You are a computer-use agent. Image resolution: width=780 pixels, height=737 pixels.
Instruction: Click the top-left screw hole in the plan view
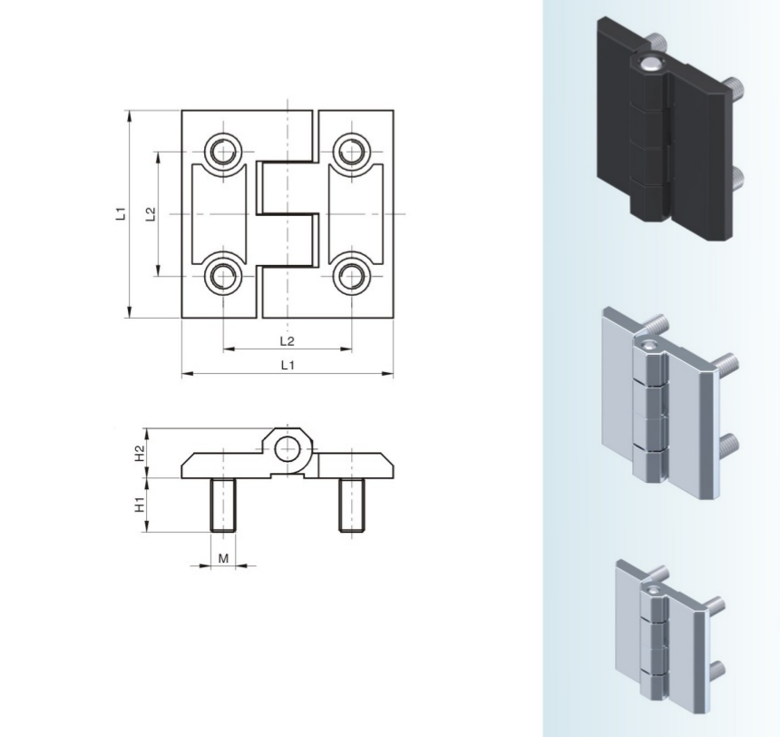[x=223, y=152]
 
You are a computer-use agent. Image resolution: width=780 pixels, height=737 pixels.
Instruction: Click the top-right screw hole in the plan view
[x=352, y=152]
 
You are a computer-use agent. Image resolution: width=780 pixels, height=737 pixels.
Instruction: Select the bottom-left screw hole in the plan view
[x=223, y=276]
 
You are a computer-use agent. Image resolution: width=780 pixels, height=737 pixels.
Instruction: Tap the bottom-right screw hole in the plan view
[x=352, y=276]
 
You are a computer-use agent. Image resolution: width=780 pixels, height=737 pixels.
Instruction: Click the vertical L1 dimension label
[x=121, y=213]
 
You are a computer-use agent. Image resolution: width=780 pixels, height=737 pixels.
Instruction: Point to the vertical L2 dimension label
[x=151, y=213]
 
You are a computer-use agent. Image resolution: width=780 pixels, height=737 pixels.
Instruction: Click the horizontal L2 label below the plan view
[x=287, y=341]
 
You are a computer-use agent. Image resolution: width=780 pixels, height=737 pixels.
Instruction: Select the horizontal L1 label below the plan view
[x=288, y=365]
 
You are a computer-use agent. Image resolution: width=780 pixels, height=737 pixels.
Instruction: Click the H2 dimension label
[x=141, y=453]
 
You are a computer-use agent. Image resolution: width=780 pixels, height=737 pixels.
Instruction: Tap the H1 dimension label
[x=141, y=505]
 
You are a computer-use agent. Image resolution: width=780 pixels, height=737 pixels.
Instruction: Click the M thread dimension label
[x=223, y=559]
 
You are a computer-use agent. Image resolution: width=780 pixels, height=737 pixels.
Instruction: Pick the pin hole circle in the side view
[x=288, y=449]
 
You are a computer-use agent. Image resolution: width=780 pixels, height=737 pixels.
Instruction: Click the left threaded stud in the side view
[x=223, y=505]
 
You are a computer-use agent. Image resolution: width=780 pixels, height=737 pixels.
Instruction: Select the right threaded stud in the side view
[x=352, y=505]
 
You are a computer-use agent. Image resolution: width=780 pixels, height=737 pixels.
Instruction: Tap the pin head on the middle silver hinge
[x=648, y=344]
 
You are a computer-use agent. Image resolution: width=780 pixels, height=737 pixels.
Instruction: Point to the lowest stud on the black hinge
[x=738, y=178]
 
